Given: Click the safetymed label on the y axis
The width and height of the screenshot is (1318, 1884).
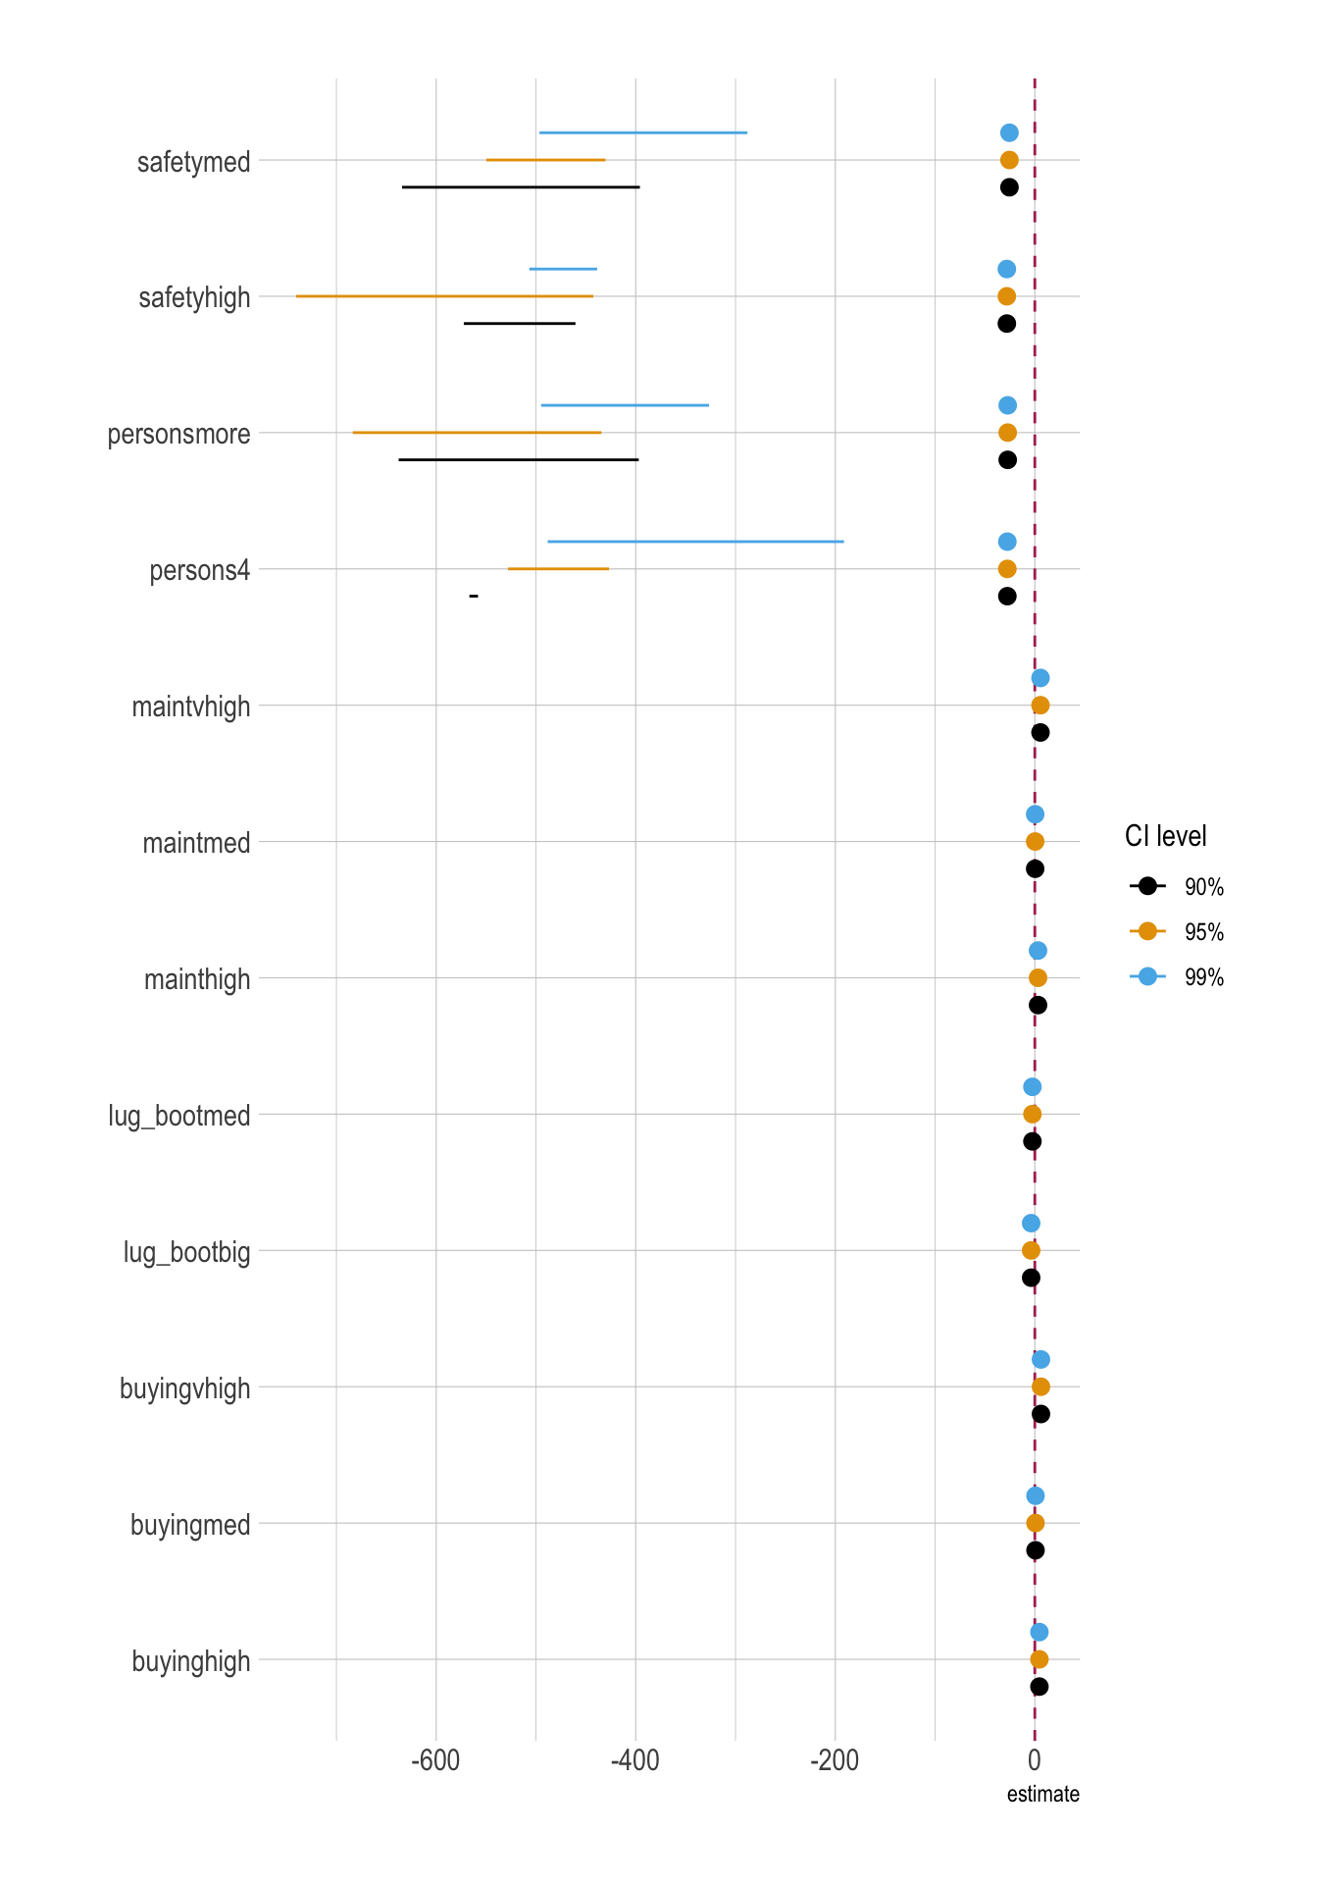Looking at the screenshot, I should pyautogui.click(x=193, y=162).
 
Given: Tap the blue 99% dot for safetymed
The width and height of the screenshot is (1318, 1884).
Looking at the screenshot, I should pyautogui.click(x=1009, y=132).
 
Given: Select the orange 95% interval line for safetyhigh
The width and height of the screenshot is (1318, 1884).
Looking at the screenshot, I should pyautogui.click(x=444, y=296).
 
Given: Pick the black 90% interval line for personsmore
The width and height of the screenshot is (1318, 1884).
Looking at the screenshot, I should pyautogui.click(x=518, y=459).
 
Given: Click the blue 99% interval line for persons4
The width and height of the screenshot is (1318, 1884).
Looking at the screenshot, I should pyautogui.click(x=695, y=542).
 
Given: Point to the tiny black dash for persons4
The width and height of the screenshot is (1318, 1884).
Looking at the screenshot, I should pyautogui.click(x=474, y=596).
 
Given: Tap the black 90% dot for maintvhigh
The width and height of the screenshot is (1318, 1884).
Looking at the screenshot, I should pyautogui.click(x=1040, y=732).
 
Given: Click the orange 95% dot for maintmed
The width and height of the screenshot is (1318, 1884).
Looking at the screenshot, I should pyautogui.click(x=1035, y=842).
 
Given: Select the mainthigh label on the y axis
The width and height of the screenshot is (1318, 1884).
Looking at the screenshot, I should pyautogui.click(x=196, y=979).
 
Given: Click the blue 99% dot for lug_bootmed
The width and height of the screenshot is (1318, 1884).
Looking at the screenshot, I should pyautogui.click(x=1032, y=1087).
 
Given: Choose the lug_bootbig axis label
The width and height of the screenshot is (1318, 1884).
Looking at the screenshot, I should pyautogui.click(x=186, y=1252).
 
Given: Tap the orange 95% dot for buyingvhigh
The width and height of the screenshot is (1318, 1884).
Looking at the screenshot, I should pyautogui.click(x=1040, y=1387).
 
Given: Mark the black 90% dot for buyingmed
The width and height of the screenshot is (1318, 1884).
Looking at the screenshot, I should pyautogui.click(x=1035, y=1550).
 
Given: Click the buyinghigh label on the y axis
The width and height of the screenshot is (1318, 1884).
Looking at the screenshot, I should pyautogui.click(x=190, y=1661).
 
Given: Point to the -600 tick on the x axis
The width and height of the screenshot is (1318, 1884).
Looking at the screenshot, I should pyautogui.click(x=435, y=1760).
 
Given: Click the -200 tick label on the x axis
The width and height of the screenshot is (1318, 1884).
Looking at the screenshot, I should pyautogui.click(x=835, y=1760).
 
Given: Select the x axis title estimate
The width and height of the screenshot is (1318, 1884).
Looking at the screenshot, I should pyautogui.click(x=1042, y=1795).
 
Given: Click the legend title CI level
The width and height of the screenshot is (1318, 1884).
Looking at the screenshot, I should pyautogui.click(x=1165, y=836).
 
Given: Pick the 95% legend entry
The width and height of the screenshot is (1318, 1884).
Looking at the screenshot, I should pyautogui.click(x=1177, y=932).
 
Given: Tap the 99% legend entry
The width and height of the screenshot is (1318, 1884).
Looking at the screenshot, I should pyautogui.click(x=1177, y=977).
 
